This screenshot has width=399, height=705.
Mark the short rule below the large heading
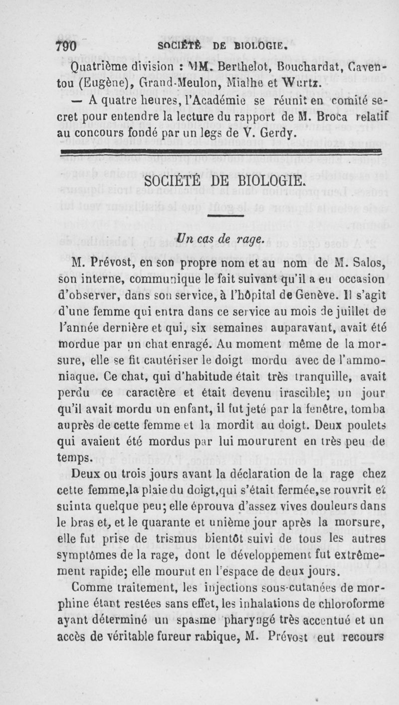pyautogui.click(x=227, y=216)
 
